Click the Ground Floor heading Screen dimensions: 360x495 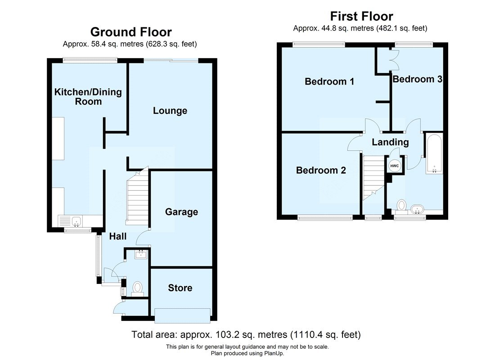tap(131, 32)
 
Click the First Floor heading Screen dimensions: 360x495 tap(361, 17)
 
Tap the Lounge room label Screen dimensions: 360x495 tap(170, 111)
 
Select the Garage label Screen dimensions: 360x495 tap(181, 212)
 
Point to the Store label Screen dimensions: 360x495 tap(180, 288)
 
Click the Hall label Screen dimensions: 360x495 tap(117, 236)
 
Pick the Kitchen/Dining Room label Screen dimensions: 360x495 tap(88, 97)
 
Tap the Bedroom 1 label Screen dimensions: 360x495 tap(329, 81)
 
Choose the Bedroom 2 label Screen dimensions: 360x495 tap(321, 171)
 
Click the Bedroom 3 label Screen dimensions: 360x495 tap(417, 79)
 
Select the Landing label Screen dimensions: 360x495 tap(390, 142)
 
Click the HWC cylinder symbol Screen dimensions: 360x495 tap(395, 166)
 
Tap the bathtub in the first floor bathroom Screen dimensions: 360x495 tap(434, 153)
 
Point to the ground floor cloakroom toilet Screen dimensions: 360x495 tap(138, 288)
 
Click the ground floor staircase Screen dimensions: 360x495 tap(137, 198)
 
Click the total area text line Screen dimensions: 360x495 tap(246, 335)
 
